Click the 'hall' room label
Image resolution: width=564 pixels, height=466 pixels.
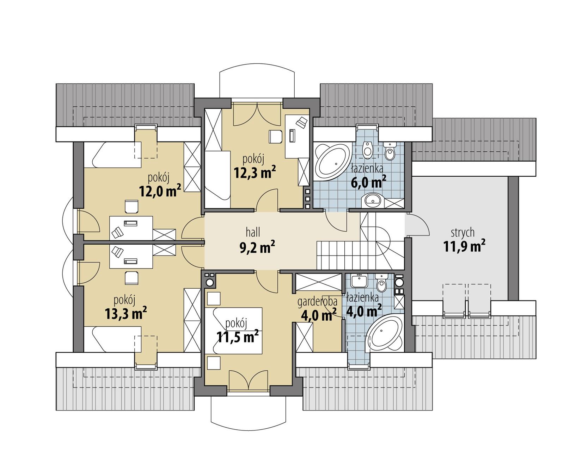click(x=253, y=232)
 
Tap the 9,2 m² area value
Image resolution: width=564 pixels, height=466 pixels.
click(x=257, y=247)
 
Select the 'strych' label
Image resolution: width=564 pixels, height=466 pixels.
click(x=462, y=232)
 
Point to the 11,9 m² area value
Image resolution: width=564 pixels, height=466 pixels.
click(x=464, y=246)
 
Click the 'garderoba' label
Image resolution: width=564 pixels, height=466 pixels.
click(x=317, y=302)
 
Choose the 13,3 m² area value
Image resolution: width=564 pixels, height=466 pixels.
click(x=126, y=314)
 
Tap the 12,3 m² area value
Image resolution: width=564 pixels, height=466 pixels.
click(x=255, y=172)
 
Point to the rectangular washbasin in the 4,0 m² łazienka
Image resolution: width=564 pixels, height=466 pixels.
click(x=359, y=281)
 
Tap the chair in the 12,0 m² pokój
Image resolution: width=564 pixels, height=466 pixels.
click(x=131, y=207)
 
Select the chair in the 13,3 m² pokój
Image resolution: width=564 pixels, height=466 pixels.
click(x=131, y=277)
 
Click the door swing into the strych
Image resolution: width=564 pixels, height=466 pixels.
click(x=418, y=225)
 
